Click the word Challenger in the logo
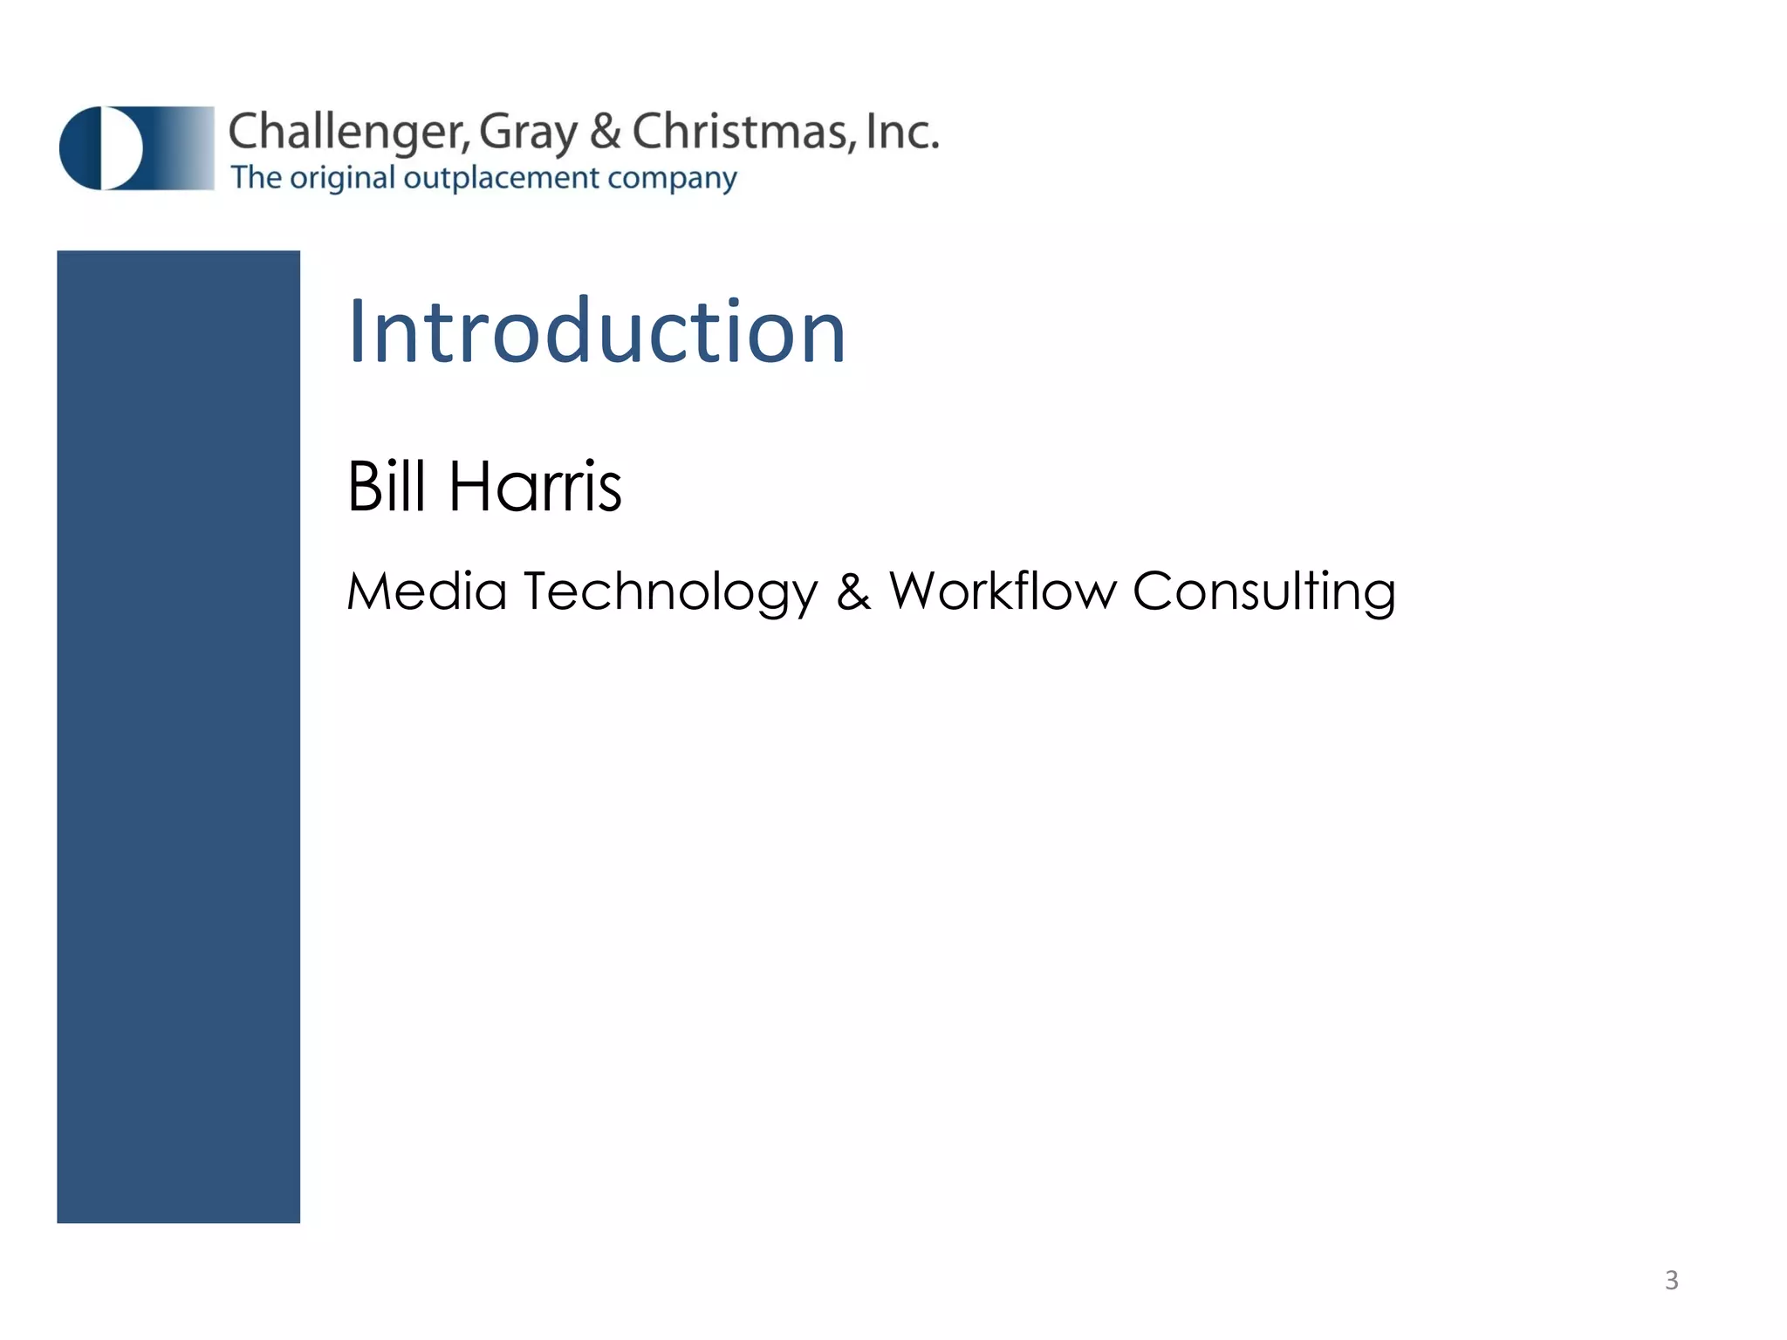click(x=349, y=133)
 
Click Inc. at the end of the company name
click(x=902, y=133)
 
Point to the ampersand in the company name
click(x=606, y=133)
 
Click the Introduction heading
click(x=597, y=332)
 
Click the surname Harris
click(x=535, y=486)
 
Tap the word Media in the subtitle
click(x=427, y=591)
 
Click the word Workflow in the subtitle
click(x=1003, y=591)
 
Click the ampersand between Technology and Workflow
click(x=853, y=591)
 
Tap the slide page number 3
click(x=1671, y=1280)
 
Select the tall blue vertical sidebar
click(x=178, y=736)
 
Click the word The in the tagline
click(x=256, y=178)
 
